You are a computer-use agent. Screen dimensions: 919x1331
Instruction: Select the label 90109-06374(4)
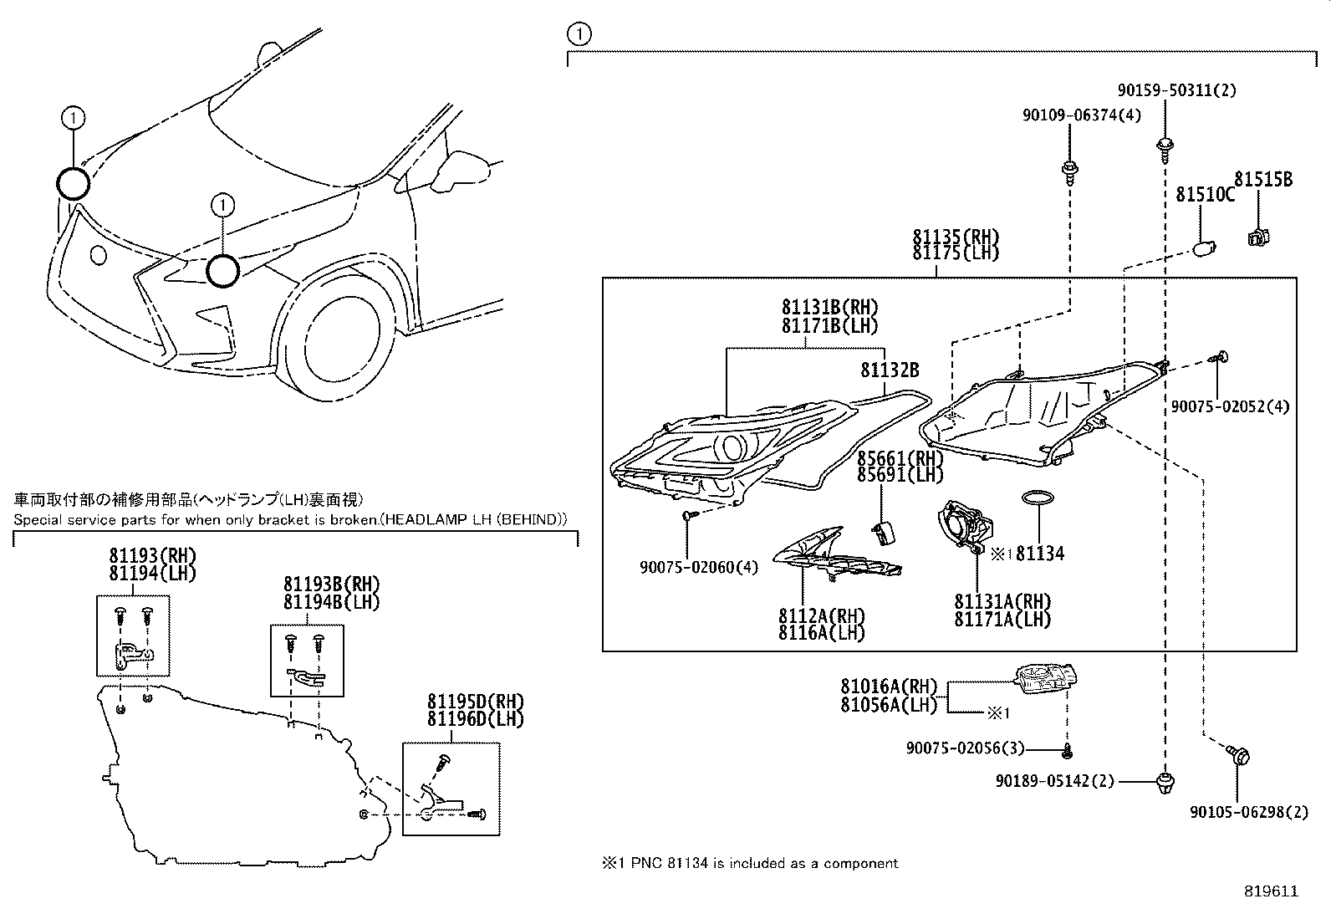1081,115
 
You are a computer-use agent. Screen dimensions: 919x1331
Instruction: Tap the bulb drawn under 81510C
1205,248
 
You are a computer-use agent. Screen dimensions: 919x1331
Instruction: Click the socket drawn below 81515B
1257,237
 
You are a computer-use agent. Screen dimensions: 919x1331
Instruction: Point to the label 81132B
890,369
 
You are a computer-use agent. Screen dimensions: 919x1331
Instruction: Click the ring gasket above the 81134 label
1038,498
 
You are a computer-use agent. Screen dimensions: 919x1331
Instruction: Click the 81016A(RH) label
889,687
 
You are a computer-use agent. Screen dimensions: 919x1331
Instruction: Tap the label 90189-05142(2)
1055,781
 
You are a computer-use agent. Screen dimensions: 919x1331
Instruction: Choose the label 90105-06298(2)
1248,811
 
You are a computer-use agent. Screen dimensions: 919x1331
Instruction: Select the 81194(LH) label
152,573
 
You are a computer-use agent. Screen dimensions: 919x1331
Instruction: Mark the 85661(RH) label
900,458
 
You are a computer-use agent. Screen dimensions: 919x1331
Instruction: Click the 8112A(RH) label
821,616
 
